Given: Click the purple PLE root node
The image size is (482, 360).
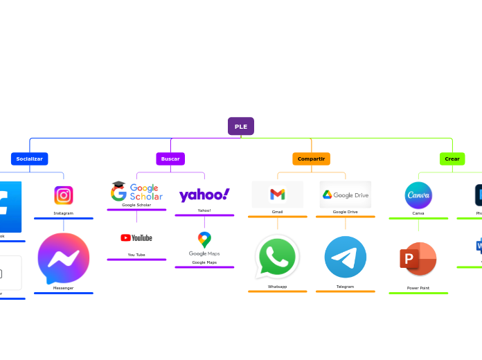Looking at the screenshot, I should coord(241,126).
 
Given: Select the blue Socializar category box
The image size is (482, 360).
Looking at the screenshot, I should coord(29,159).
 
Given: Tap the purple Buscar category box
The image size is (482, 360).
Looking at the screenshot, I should coord(170,159).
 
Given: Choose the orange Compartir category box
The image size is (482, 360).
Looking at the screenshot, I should coord(311,159).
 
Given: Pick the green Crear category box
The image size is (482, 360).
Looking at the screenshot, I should coord(452,159).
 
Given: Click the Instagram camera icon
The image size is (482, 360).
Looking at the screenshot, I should coord(64,195).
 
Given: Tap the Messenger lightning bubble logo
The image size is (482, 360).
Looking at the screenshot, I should coord(64,258).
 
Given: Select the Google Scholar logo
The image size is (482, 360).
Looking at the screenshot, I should coord(136,191).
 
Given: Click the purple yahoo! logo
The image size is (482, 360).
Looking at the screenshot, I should coord(204,195).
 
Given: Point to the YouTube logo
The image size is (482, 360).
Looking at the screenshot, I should coord(136,237).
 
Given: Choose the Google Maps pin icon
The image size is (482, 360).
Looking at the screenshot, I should coord(204,240).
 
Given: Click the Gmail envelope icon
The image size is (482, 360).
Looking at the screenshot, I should coord(278,195).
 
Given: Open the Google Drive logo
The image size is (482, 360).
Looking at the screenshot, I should coord(345,195).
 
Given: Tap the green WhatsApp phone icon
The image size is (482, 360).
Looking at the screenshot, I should coord(277,257).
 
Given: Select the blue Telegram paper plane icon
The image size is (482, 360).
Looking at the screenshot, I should coord(346,257).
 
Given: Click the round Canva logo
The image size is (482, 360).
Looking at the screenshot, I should coord(418,195).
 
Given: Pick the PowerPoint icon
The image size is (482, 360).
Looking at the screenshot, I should coord(418,259).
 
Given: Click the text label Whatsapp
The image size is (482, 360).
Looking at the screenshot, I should coord(277,287).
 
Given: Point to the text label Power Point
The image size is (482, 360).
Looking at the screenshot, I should coord(418,288).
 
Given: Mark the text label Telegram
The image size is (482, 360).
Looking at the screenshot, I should coord(345,287).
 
